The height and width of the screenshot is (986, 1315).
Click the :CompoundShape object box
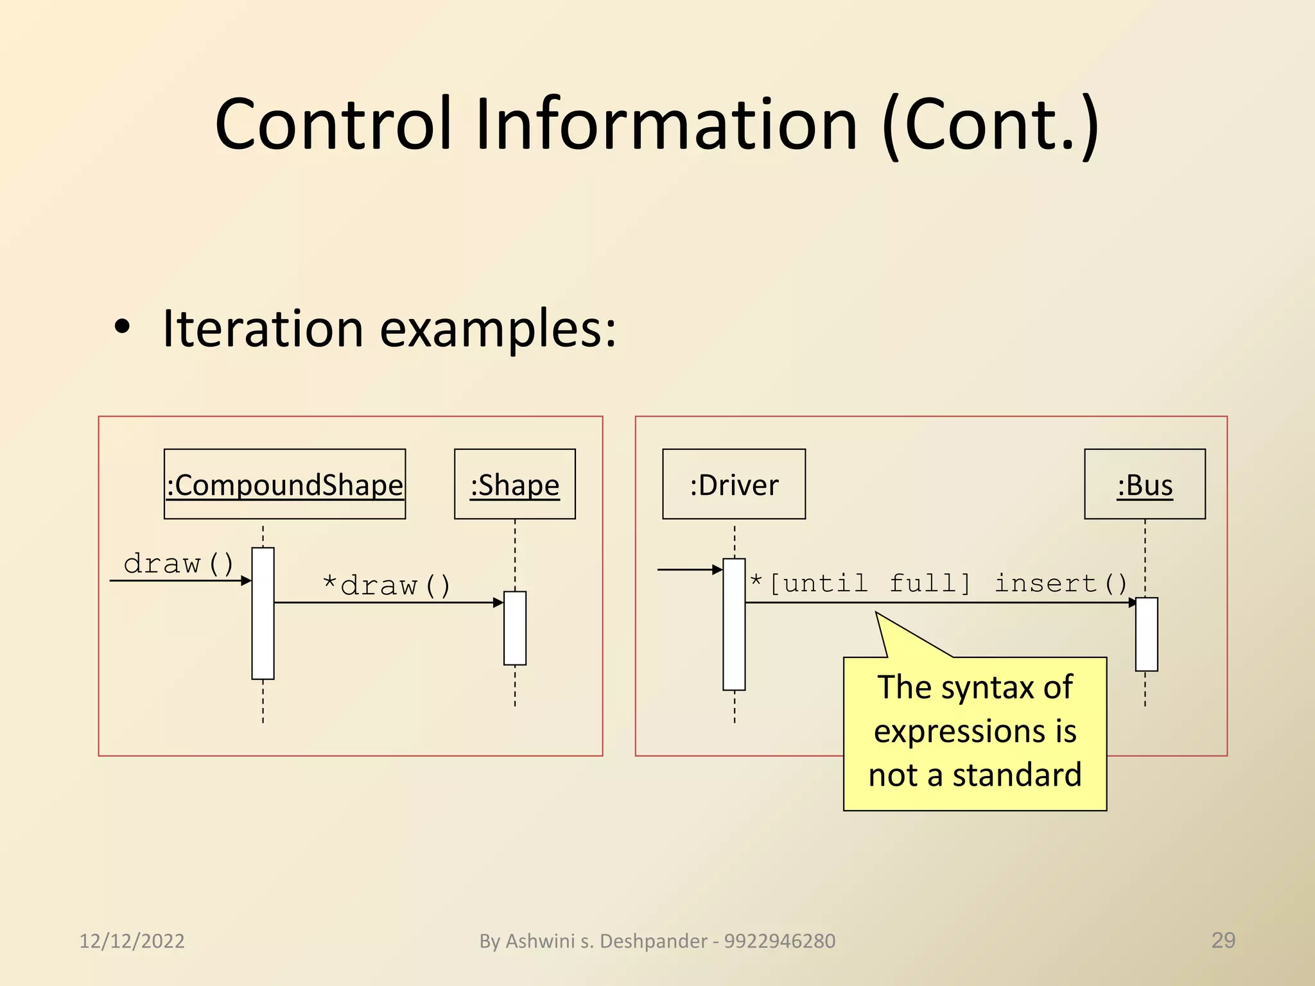(284, 484)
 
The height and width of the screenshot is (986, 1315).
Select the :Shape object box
(514, 484)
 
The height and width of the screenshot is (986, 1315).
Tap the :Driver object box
(733, 484)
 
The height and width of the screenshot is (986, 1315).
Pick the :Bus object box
(1144, 484)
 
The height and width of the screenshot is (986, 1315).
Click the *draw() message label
(387, 585)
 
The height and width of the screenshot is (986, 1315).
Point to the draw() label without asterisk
(179, 564)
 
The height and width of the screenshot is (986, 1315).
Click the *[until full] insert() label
(938, 584)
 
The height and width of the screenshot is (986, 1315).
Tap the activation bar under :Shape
(514, 628)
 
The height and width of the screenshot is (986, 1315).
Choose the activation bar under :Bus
(1146, 634)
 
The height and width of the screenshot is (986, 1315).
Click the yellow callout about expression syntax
(974, 732)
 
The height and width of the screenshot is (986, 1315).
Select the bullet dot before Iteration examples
(121, 327)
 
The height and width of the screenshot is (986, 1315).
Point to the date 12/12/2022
(132, 940)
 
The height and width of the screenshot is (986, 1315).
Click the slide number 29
(1223, 940)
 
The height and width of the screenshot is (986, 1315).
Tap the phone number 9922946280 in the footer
(779, 940)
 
